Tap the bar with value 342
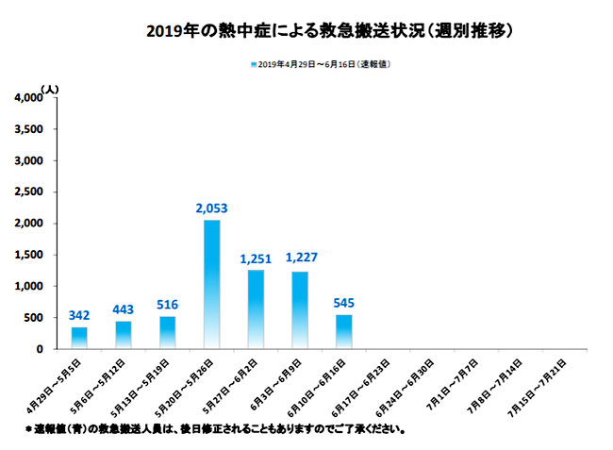78,338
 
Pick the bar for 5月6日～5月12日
124,334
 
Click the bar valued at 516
167,332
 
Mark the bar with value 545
344,331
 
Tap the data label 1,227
300,258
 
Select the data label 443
124,309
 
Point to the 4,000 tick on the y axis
28,98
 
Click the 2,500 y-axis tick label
28,192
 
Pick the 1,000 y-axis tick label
28,287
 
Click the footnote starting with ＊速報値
216,429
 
